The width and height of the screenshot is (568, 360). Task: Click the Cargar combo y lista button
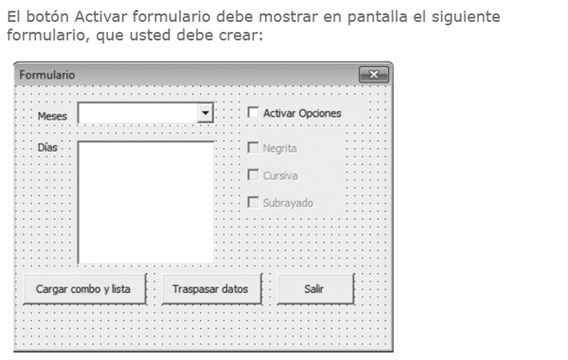[x=85, y=289]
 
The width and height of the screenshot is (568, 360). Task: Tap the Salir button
[x=315, y=289]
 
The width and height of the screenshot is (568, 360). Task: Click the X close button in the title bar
[x=374, y=75]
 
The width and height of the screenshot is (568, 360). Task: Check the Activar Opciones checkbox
[x=253, y=113]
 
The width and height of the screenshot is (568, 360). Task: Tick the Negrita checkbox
[x=253, y=148]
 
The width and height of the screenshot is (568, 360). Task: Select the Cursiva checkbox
[x=253, y=174]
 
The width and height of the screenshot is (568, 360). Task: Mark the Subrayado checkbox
[x=253, y=202]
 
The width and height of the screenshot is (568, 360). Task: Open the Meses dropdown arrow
[x=205, y=113]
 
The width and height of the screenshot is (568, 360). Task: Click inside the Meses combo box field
[x=138, y=113]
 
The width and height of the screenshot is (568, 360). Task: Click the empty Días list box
[x=146, y=203]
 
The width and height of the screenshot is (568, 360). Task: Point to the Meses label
[x=52, y=116]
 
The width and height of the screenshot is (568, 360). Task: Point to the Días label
[x=47, y=147]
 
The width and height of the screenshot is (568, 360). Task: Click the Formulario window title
[x=47, y=75]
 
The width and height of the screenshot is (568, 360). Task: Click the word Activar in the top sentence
[x=101, y=17]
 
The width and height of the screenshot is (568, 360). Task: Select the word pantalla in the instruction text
[x=377, y=17]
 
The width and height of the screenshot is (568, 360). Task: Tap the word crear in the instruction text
[x=240, y=35]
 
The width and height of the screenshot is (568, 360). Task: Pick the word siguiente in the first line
[x=466, y=17]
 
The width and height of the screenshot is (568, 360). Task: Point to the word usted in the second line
[x=150, y=35]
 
